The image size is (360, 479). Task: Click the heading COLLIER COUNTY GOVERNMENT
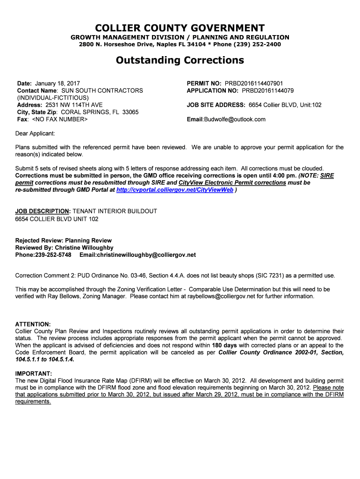(180, 28)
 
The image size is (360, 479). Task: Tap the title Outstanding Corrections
(180, 60)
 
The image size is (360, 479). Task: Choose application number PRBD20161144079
(267, 91)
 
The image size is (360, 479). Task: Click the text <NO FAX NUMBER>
(59, 119)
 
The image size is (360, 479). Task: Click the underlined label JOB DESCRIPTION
(42, 211)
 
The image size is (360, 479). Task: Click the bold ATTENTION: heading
(33, 324)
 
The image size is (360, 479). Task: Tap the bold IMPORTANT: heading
(34, 374)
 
